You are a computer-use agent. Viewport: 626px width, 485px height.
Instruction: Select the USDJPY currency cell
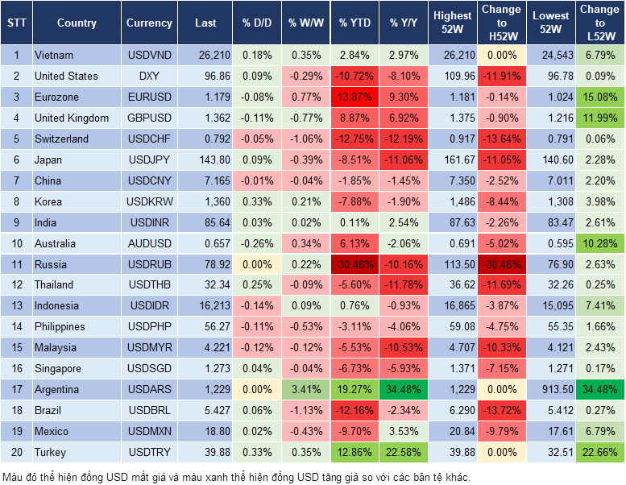click(149, 160)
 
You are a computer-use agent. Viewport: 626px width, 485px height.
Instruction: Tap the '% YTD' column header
click(354, 23)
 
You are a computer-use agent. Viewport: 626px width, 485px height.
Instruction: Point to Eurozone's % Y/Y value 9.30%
click(404, 97)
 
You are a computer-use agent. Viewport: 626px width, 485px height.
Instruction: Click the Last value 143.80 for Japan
click(205, 160)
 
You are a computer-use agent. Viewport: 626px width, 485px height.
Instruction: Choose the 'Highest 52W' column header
click(452, 23)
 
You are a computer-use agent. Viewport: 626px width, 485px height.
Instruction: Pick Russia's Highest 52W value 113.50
click(452, 264)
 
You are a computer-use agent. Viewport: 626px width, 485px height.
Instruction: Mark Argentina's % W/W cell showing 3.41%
click(305, 390)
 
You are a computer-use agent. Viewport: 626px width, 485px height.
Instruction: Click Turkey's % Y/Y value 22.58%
click(404, 452)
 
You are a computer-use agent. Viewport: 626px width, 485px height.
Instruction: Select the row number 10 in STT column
click(16, 243)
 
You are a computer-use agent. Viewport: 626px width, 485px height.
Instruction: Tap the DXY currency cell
click(149, 76)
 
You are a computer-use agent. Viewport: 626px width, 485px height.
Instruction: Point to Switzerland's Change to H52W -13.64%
click(501, 139)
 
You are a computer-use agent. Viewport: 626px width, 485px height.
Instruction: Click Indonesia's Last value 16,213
click(205, 306)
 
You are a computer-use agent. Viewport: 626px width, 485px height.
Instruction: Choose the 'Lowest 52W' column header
click(552, 23)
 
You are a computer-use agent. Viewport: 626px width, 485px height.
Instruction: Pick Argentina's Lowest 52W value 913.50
click(552, 390)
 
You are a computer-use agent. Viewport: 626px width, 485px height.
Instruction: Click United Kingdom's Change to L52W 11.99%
click(601, 118)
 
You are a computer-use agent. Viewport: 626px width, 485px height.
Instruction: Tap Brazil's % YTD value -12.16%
click(354, 411)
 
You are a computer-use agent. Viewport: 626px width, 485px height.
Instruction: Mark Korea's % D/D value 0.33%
click(256, 201)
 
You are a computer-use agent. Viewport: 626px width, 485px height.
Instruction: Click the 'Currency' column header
click(149, 23)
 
